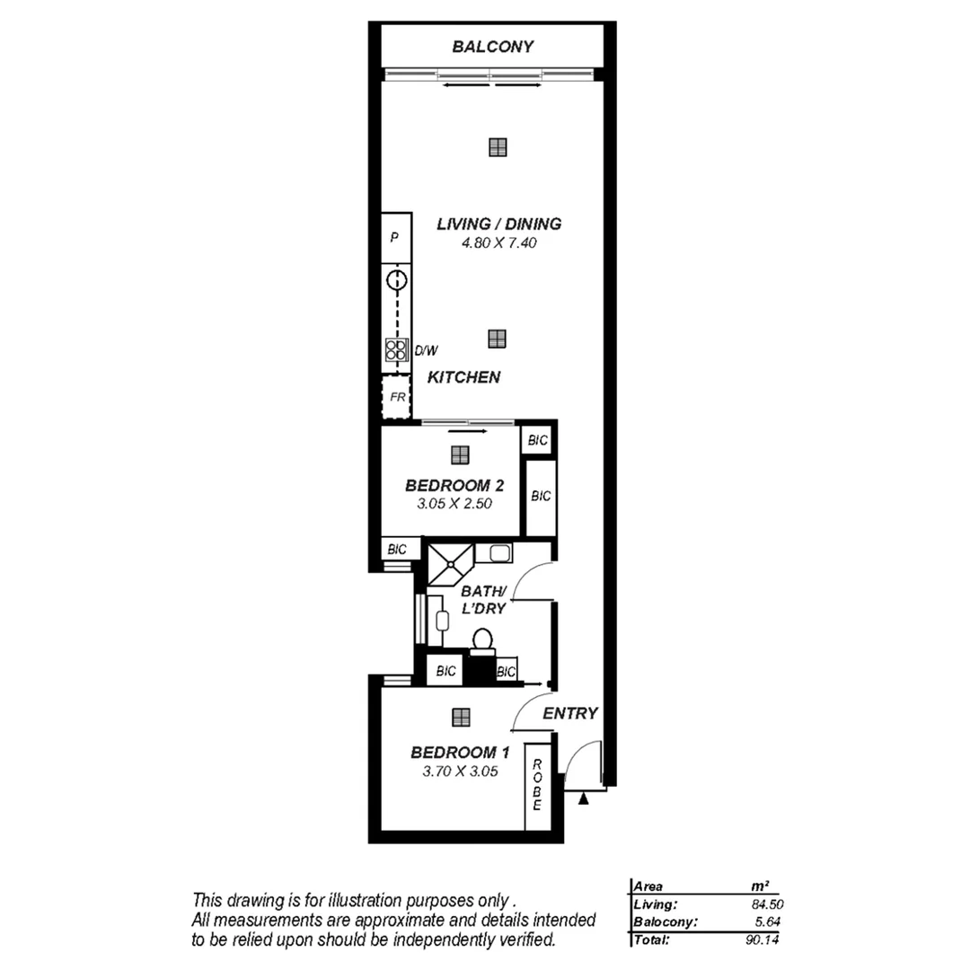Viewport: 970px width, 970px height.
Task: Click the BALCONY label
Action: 493,47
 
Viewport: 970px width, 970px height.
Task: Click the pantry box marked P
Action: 395,238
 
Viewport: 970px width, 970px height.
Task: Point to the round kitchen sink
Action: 395,280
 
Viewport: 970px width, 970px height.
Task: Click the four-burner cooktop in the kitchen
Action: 395,349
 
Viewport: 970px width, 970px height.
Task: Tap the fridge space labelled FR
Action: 395,396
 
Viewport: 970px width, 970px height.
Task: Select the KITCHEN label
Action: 463,377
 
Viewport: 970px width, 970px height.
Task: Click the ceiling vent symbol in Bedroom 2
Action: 460,454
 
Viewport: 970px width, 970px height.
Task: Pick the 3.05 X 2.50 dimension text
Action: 454,504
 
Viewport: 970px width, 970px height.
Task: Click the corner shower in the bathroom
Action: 449,563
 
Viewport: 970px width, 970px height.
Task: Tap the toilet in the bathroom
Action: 482,639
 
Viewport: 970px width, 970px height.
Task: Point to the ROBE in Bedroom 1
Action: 537,786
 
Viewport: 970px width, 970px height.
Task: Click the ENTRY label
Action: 570,713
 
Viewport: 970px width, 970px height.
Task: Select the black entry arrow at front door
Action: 584,798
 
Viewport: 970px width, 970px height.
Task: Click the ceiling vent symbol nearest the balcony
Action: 498,147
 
